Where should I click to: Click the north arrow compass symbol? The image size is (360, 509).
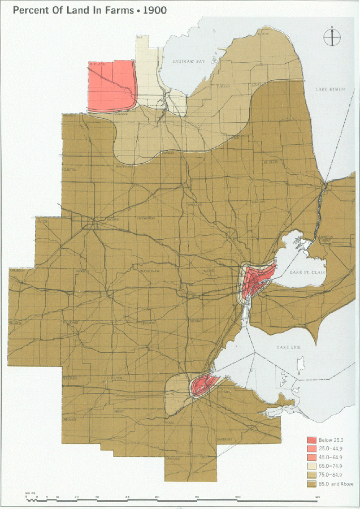point(332,37)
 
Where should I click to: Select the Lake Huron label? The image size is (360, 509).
point(330,89)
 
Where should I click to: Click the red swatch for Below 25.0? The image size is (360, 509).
point(311,439)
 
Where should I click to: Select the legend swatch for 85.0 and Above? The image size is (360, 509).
point(311,483)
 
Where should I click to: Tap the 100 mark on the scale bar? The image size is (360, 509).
point(238,497)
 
